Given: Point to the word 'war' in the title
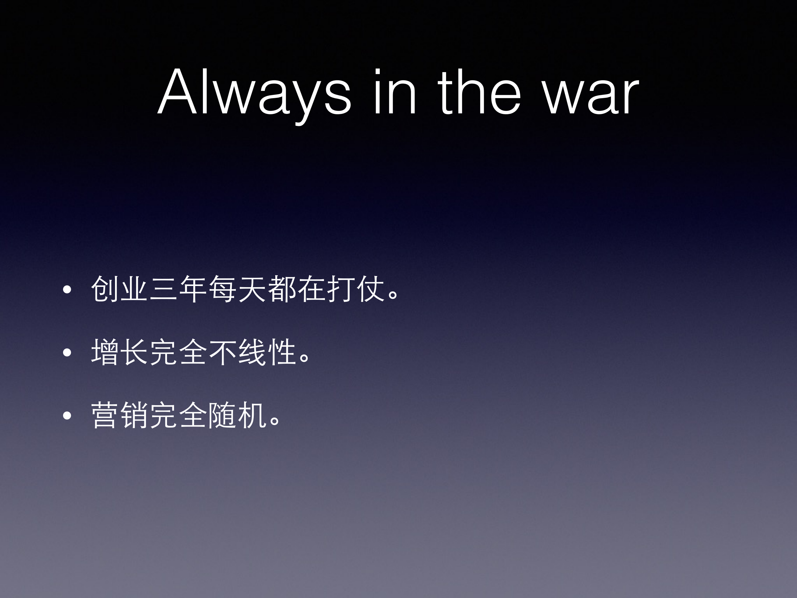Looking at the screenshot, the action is click(x=591, y=97).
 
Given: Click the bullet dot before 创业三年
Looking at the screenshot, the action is click(x=67, y=290).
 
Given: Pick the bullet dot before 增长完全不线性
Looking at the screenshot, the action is click(x=67, y=353).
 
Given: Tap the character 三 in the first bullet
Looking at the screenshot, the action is click(x=164, y=289).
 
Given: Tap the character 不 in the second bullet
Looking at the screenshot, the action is click(x=223, y=352).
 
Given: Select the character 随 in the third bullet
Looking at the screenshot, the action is click(x=223, y=415).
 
